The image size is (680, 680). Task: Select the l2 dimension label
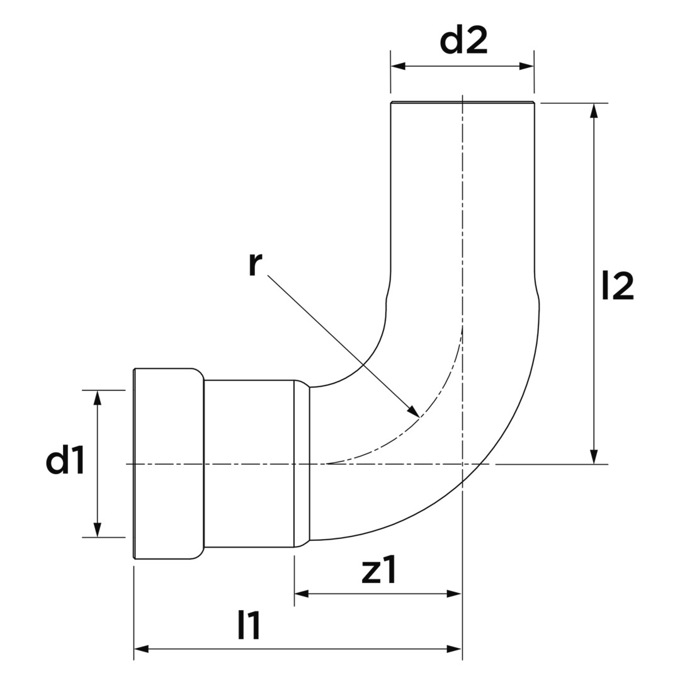point(618,286)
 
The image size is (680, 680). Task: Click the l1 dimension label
point(249,625)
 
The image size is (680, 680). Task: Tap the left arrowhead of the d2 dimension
point(398,66)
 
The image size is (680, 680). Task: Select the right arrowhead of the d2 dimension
point(526,66)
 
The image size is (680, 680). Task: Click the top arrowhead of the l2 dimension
point(594,111)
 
